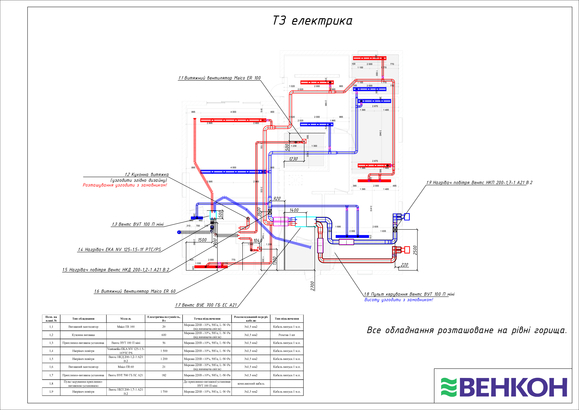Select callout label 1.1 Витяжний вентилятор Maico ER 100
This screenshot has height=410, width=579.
pyautogui.click(x=219, y=78)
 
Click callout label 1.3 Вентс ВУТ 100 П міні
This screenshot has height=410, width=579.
pyautogui.click(x=138, y=224)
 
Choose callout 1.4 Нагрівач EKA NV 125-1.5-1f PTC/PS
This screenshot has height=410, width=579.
pyautogui.click(x=119, y=249)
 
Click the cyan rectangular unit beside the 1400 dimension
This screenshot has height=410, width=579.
pyautogui.click(x=305, y=222)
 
